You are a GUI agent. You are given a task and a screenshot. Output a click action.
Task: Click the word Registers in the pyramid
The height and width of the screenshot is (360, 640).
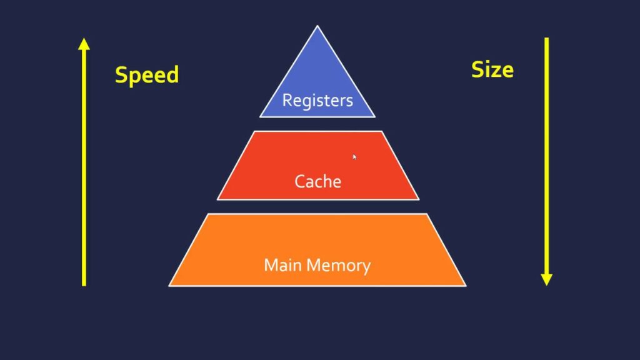(317, 100)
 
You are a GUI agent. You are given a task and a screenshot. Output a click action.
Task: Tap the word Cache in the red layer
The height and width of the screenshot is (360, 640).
(318, 182)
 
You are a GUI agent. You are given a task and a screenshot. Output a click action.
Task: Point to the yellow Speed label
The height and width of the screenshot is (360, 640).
(147, 75)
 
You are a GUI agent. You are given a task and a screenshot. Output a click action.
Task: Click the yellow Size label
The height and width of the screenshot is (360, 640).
(492, 69)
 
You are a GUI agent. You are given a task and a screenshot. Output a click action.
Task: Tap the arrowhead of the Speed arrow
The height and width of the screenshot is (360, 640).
(84, 44)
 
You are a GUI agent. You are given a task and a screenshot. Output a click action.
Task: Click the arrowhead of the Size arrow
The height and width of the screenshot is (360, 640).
(546, 279)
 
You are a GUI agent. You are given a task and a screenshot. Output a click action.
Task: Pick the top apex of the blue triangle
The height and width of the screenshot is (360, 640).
(317, 26)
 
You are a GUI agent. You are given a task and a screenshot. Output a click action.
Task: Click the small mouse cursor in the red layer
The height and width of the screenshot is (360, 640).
(354, 156)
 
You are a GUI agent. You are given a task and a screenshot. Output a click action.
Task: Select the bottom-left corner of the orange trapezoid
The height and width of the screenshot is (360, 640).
(169, 286)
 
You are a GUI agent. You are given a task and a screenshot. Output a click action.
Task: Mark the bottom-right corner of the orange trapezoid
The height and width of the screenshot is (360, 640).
(466, 286)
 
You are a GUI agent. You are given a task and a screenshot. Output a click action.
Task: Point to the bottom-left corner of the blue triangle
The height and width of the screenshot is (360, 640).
(261, 116)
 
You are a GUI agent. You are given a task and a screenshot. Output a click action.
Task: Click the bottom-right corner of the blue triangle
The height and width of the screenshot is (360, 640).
(375, 116)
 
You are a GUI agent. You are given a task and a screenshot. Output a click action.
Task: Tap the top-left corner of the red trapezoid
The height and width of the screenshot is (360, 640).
(254, 131)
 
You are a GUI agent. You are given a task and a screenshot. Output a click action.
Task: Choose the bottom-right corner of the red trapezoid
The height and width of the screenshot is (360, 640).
(419, 199)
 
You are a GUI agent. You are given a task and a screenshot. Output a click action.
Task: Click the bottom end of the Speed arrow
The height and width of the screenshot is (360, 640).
(84, 285)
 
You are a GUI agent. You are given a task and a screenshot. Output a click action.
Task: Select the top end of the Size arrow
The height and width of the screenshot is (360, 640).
(546, 39)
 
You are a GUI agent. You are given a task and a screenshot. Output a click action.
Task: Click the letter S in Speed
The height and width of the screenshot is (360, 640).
(122, 75)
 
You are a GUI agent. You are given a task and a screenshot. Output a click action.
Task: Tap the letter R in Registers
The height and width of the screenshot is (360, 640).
(287, 100)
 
